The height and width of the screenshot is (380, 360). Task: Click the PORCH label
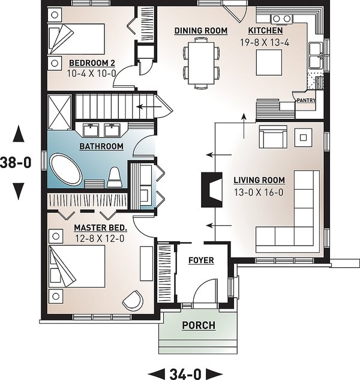coord(198,325)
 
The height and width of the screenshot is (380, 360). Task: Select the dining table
coord(200,60)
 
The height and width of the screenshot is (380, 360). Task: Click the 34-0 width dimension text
coord(184,373)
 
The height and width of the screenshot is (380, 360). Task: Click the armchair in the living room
coord(272,137)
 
